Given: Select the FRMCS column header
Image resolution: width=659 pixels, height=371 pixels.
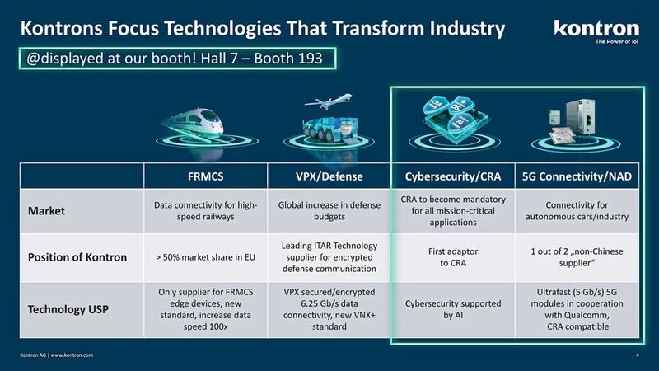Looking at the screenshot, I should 205,176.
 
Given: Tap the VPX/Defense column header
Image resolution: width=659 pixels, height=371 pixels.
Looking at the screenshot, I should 329,176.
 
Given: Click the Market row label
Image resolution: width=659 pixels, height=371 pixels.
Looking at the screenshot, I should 48,212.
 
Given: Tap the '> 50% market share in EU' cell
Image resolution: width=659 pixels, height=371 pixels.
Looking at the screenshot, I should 205,258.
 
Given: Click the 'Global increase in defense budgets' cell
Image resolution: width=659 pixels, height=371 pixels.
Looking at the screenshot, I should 329,211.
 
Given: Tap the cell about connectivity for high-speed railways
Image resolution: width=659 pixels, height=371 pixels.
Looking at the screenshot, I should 205,211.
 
